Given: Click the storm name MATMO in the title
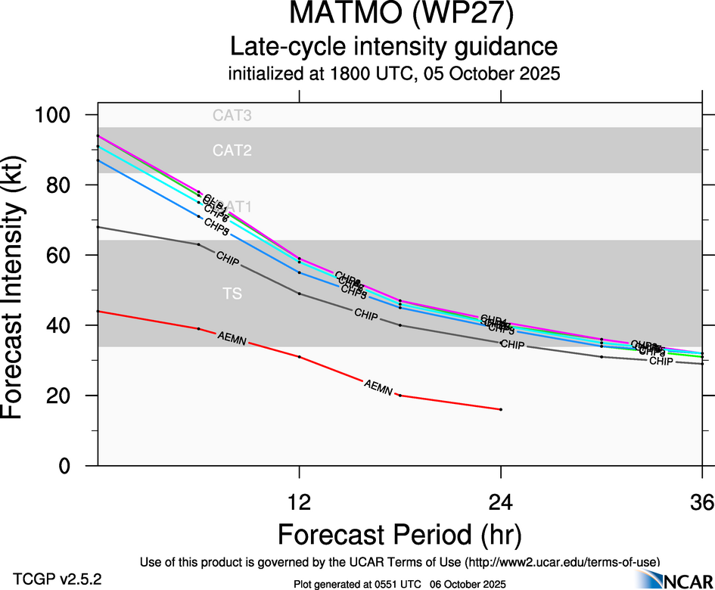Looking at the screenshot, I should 341,16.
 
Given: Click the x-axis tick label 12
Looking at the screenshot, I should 300,502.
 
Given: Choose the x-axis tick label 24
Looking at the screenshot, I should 501,502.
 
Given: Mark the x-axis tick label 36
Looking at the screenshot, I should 701,502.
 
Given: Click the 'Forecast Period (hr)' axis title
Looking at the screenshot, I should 399,534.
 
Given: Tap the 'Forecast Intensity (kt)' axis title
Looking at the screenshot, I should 20,290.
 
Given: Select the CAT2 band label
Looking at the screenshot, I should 232,151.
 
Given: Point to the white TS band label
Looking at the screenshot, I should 232,293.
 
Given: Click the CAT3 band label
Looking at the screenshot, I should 232,116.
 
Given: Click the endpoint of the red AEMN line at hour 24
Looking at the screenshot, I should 501,409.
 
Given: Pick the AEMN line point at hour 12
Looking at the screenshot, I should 300,356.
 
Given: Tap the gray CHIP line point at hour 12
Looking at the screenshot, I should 300,293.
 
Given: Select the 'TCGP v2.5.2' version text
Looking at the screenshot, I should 58,579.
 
